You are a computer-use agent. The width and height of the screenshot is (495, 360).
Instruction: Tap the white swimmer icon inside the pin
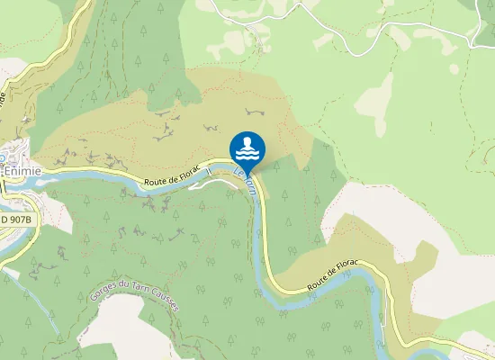pyautogui.click(x=247, y=146)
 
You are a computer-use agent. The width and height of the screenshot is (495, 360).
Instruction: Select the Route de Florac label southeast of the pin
pyautogui.click(x=333, y=274)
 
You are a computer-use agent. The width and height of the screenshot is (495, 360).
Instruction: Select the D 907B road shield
pyautogui.click(x=15, y=219)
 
